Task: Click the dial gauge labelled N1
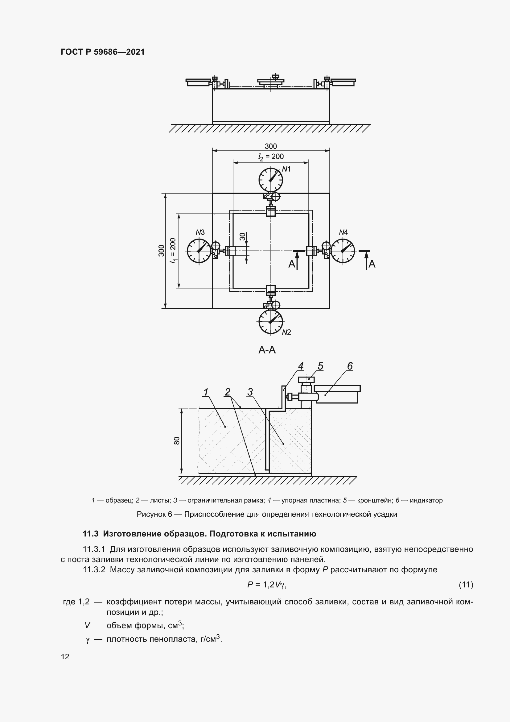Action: (271, 180)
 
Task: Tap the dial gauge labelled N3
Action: (199, 251)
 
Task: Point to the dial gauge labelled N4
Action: (343, 251)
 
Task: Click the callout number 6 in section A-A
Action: (350, 366)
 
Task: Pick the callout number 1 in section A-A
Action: (206, 392)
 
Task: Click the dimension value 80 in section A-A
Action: (177, 440)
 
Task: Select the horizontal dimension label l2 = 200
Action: (271, 157)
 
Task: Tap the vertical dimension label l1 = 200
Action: (173, 251)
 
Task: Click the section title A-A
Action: (267, 350)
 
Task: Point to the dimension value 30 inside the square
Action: (242, 236)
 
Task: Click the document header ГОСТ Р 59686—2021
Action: (103, 52)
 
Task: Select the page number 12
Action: (65, 657)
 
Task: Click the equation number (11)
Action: (466, 585)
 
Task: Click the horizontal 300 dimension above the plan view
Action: (271, 146)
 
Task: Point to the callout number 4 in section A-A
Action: (301, 366)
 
